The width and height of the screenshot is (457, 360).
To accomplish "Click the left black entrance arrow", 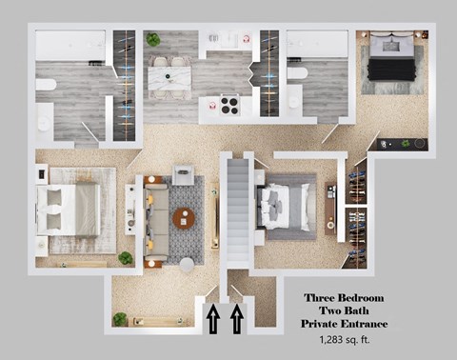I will (213, 318).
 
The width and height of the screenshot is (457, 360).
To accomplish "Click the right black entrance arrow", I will (237, 318).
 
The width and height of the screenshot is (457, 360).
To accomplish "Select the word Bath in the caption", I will (367, 311).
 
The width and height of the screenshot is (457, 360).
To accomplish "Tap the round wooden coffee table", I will (185, 218).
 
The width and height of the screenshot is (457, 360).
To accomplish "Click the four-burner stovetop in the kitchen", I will (228, 105).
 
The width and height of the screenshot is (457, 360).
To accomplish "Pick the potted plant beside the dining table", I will (152, 40).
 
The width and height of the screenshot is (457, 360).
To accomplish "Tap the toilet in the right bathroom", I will (297, 73).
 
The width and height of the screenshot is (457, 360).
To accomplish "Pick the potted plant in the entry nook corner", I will (120, 319).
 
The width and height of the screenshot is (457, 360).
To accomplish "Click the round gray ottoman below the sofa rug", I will (188, 263).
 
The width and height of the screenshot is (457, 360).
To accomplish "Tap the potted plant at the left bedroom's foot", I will (126, 258).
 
